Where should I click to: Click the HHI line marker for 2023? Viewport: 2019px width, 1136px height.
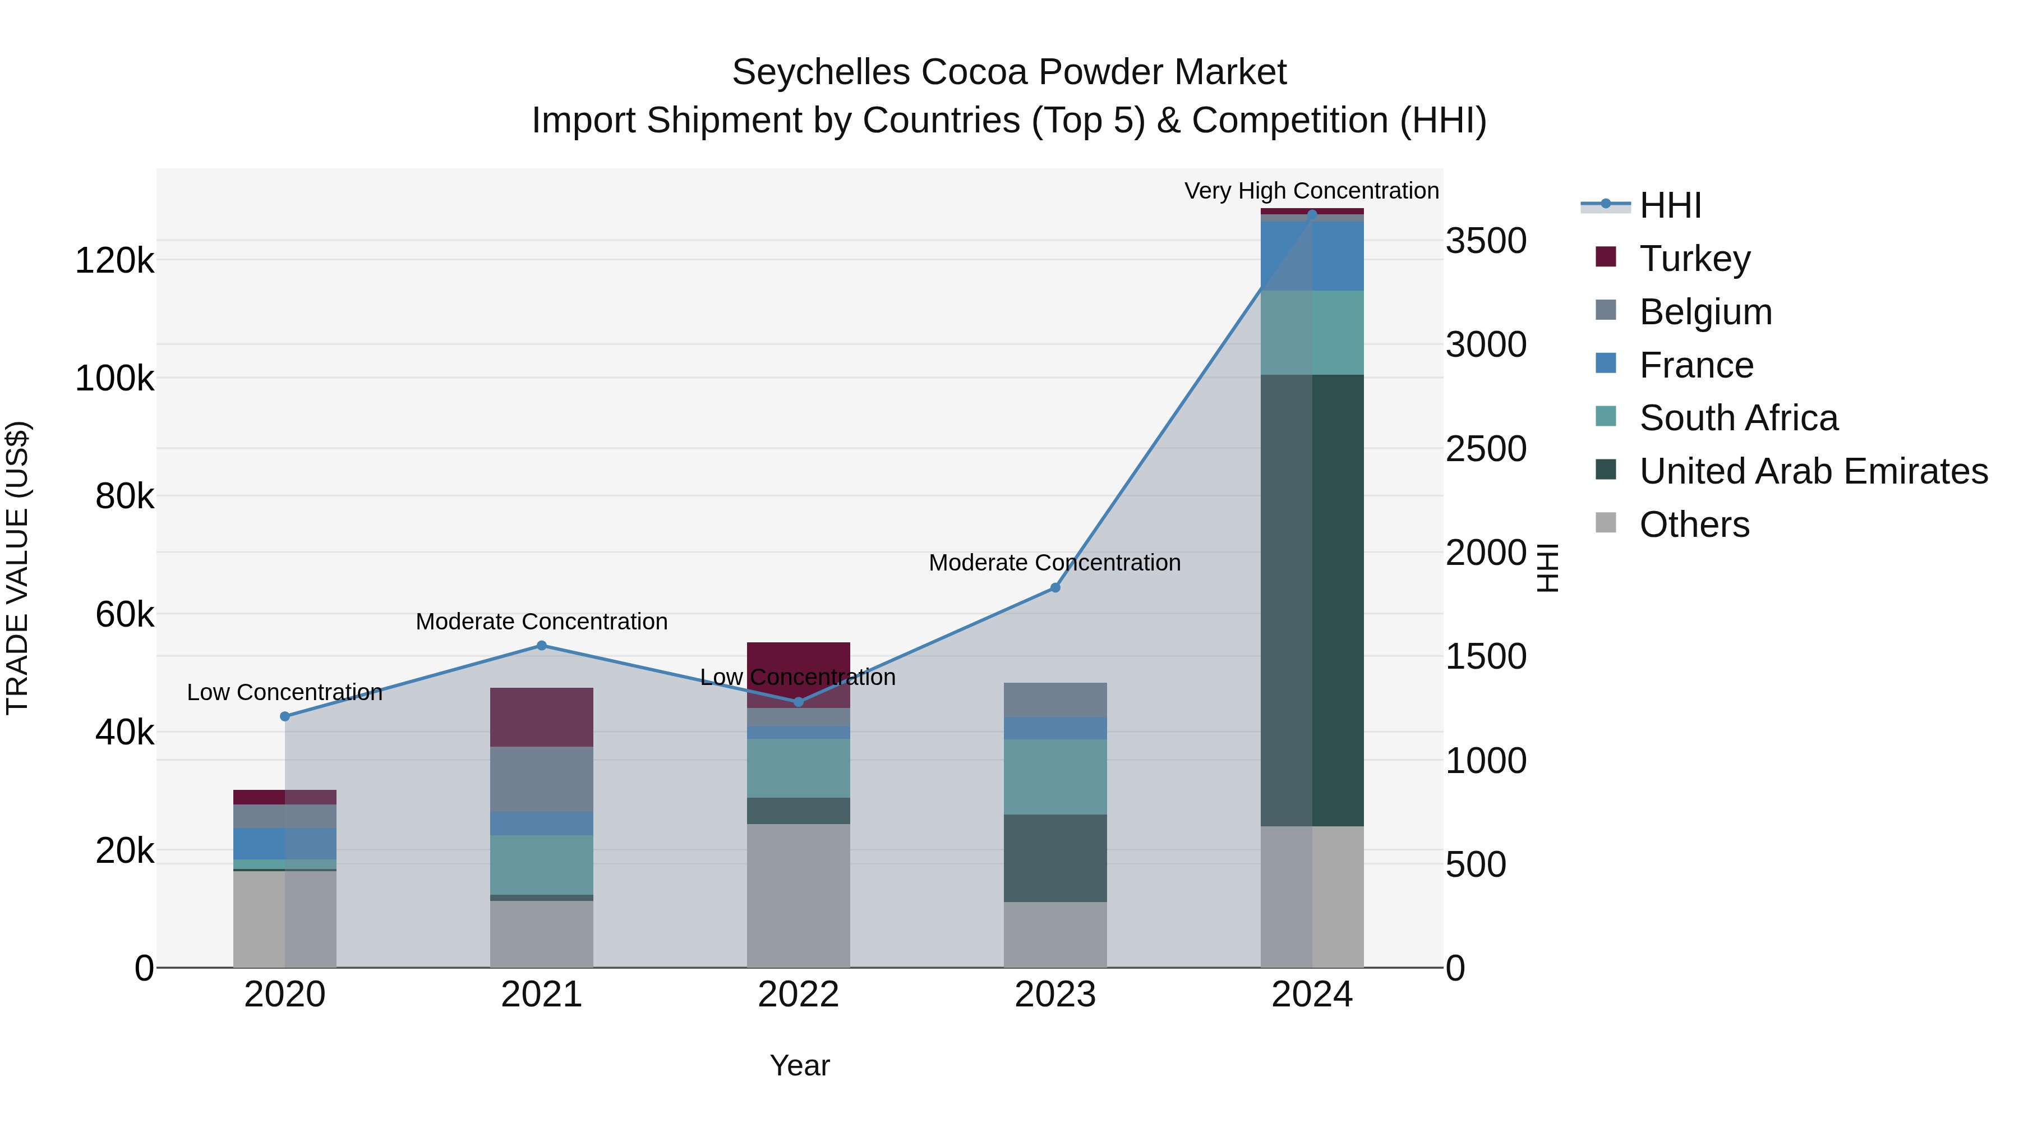(1055, 587)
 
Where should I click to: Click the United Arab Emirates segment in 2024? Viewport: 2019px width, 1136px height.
(1312, 600)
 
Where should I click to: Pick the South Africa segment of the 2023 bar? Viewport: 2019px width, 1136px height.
(1055, 776)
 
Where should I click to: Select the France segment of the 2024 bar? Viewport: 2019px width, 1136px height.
(1312, 256)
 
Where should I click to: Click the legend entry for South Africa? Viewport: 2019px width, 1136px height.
(1737, 418)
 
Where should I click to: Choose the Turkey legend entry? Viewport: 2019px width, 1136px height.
(1694, 259)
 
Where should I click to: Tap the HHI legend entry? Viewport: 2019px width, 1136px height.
(1670, 205)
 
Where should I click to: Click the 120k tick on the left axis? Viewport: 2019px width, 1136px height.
(114, 260)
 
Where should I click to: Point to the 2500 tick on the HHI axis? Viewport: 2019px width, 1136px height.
(1485, 449)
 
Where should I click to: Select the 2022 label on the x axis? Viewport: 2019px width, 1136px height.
(798, 995)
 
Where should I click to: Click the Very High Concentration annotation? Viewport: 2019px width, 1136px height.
(1311, 191)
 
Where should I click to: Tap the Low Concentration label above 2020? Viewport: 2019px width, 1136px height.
(284, 692)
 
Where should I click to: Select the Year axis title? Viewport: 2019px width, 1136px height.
(799, 1065)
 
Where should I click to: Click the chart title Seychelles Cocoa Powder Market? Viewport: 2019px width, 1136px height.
(1009, 72)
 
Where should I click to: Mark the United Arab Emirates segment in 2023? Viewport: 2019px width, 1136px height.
(1055, 858)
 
